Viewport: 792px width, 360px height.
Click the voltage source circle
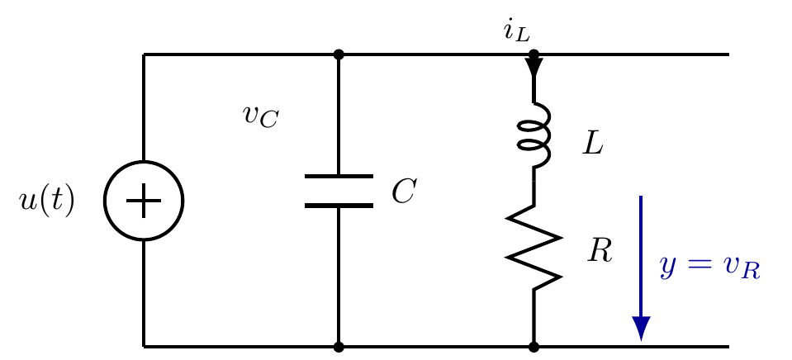(x=105, y=201)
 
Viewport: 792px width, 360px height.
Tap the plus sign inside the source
(x=144, y=201)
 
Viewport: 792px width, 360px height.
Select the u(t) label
(x=46, y=201)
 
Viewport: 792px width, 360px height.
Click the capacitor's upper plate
(x=339, y=176)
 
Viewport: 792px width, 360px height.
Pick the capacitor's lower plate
(x=339, y=206)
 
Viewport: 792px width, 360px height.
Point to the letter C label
(x=404, y=192)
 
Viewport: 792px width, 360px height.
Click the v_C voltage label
(x=261, y=116)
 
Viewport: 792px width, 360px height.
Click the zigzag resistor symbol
(x=534, y=248)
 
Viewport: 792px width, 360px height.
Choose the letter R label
(x=600, y=250)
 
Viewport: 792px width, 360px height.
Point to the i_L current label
(x=516, y=31)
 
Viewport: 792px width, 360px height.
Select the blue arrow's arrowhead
(x=641, y=329)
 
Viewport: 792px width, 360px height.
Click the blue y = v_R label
(x=709, y=267)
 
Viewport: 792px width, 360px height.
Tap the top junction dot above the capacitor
(x=339, y=54)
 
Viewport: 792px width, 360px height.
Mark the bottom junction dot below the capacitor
(x=339, y=347)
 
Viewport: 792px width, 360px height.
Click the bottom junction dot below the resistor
(x=534, y=347)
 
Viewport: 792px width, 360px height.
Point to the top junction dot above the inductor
(x=534, y=54)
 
